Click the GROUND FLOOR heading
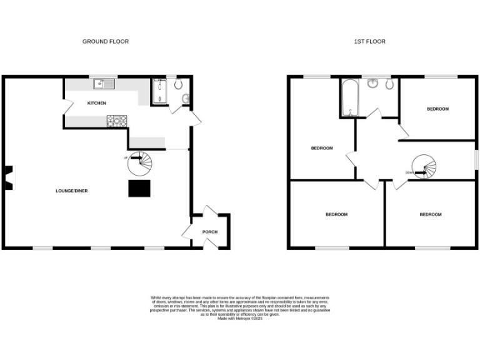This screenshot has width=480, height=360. (x=106, y=41)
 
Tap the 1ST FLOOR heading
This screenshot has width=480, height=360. (x=370, y=41)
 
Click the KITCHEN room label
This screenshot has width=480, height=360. (x=97, y=103)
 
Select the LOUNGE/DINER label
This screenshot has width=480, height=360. (x=71, y=191)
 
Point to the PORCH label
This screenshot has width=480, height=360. (x=210, y=232)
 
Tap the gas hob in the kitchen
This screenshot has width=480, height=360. (x=116, y=120)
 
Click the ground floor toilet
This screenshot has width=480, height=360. (x=178, y=84)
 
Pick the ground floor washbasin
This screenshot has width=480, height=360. (x=185, y=99)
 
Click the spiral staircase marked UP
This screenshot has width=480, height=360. (x=140, y=162)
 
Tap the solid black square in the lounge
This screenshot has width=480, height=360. (x=138, y=189)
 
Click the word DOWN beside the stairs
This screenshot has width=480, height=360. (x=409, y=172)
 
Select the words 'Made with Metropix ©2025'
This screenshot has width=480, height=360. (x=240, y=319)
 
